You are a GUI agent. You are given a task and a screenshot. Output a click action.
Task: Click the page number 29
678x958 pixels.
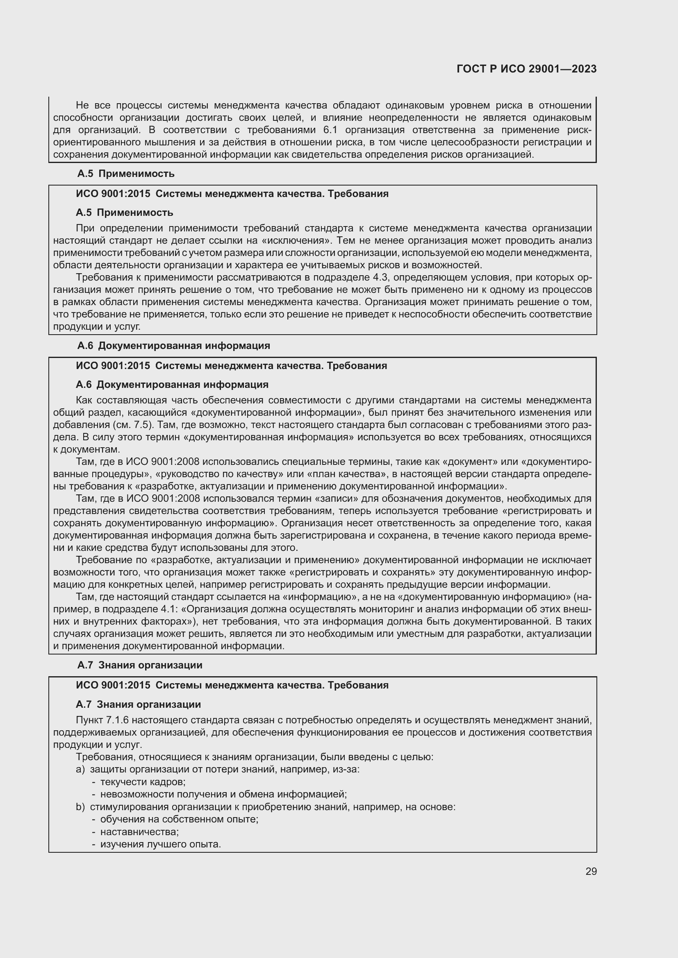pyautogui.click(x=591, y=871)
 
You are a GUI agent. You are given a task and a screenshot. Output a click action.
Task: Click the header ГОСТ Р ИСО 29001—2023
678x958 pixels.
pyautogui.click(x=526, y=69)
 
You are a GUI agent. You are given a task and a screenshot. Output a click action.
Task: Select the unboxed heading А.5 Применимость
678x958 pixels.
pyautogui.click(x=126, y=174)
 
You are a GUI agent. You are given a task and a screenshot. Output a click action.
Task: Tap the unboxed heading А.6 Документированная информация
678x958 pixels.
pyautogui.click(x=174, y=346)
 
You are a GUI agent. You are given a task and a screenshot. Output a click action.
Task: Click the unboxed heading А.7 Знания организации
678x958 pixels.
pyautogui.click(x=140, y=665)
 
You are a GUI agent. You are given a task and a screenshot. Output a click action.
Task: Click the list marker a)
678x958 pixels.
pyautogui.click(x=80, y=770)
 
